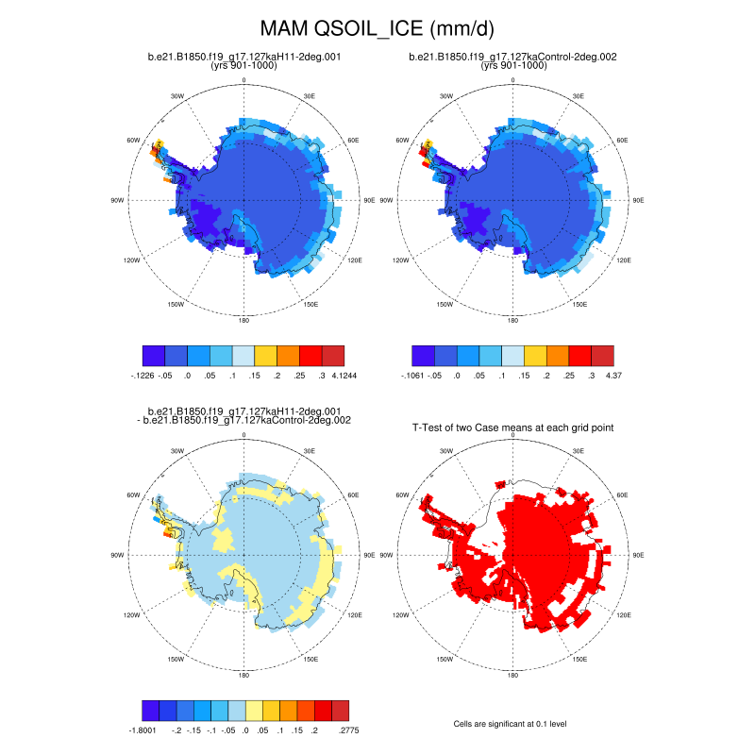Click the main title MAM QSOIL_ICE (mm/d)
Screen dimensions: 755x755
coord(377,29)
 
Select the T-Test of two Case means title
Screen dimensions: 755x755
coord(513,428)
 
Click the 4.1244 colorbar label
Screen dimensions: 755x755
coord(332,375)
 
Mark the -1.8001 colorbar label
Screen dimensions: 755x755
coord(142,730)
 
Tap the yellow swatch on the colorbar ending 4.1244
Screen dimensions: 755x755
coord(266,356)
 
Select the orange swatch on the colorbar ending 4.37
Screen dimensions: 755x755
coord(559,356)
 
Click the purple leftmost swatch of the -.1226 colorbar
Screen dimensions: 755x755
coord(154,356)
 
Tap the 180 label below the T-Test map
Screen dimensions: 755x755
coord(513,676)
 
